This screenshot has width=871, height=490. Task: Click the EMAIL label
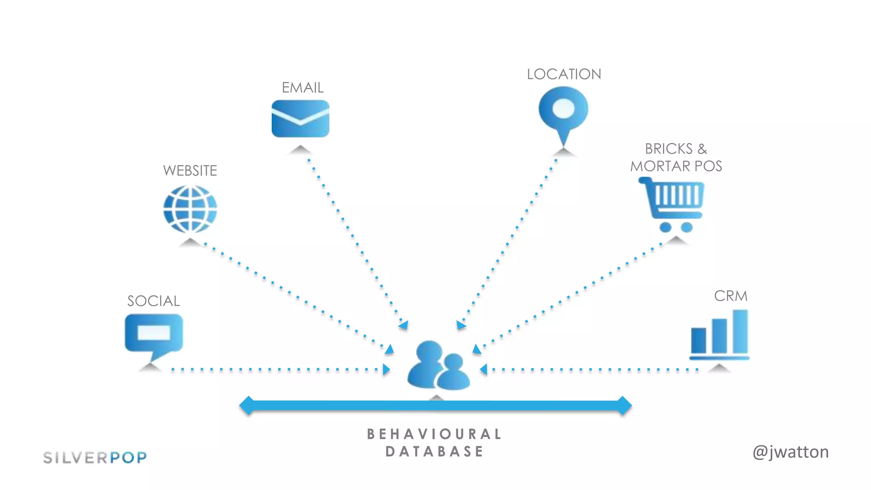[x=302, y=88]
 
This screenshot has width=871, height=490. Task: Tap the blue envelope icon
[x=300, y=119]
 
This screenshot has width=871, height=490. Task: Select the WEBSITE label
[x=190, y=171]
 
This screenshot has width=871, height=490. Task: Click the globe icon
[x=190, y=209]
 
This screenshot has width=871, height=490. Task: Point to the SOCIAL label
[x=154, y=301]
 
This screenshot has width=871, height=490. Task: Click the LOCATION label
[x=564, y=74]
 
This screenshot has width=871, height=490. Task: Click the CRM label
[x=730, y=296]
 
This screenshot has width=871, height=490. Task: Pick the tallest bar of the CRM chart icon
[x=740, y=332]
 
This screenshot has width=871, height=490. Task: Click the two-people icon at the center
[x=438, y=366]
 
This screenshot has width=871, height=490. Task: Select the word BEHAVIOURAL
[x=434, y=434]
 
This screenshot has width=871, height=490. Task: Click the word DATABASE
[x=434, y=452]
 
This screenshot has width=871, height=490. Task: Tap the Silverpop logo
[x=95, y=458]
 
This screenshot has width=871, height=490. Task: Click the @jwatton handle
[x=790, y=452]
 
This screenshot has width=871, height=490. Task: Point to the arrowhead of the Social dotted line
[x=386, y=369]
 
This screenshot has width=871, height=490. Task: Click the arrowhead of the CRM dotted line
[x=484, y=369]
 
